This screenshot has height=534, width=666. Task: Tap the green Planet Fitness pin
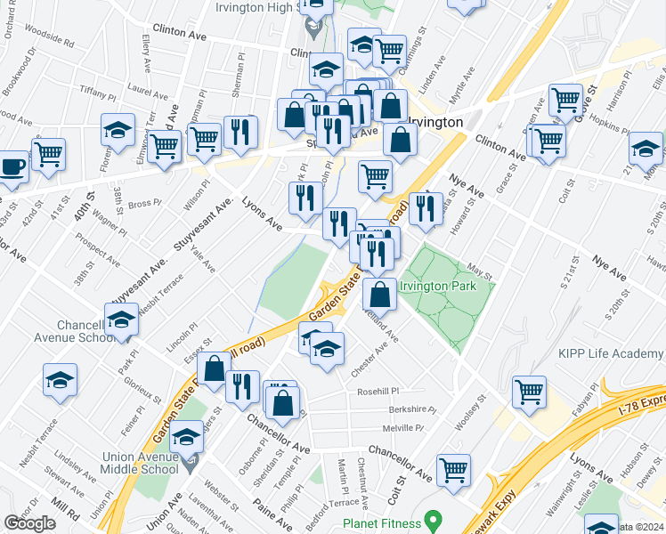[x=434, y=518]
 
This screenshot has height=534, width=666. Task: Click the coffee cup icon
[x=11, y=168]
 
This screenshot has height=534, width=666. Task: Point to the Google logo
[x=29, y=522]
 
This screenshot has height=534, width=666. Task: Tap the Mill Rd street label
[x=64, y=508]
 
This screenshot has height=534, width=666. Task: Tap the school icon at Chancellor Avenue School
[x=120, y=318]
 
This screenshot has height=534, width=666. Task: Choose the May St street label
[x=480, y=268]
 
